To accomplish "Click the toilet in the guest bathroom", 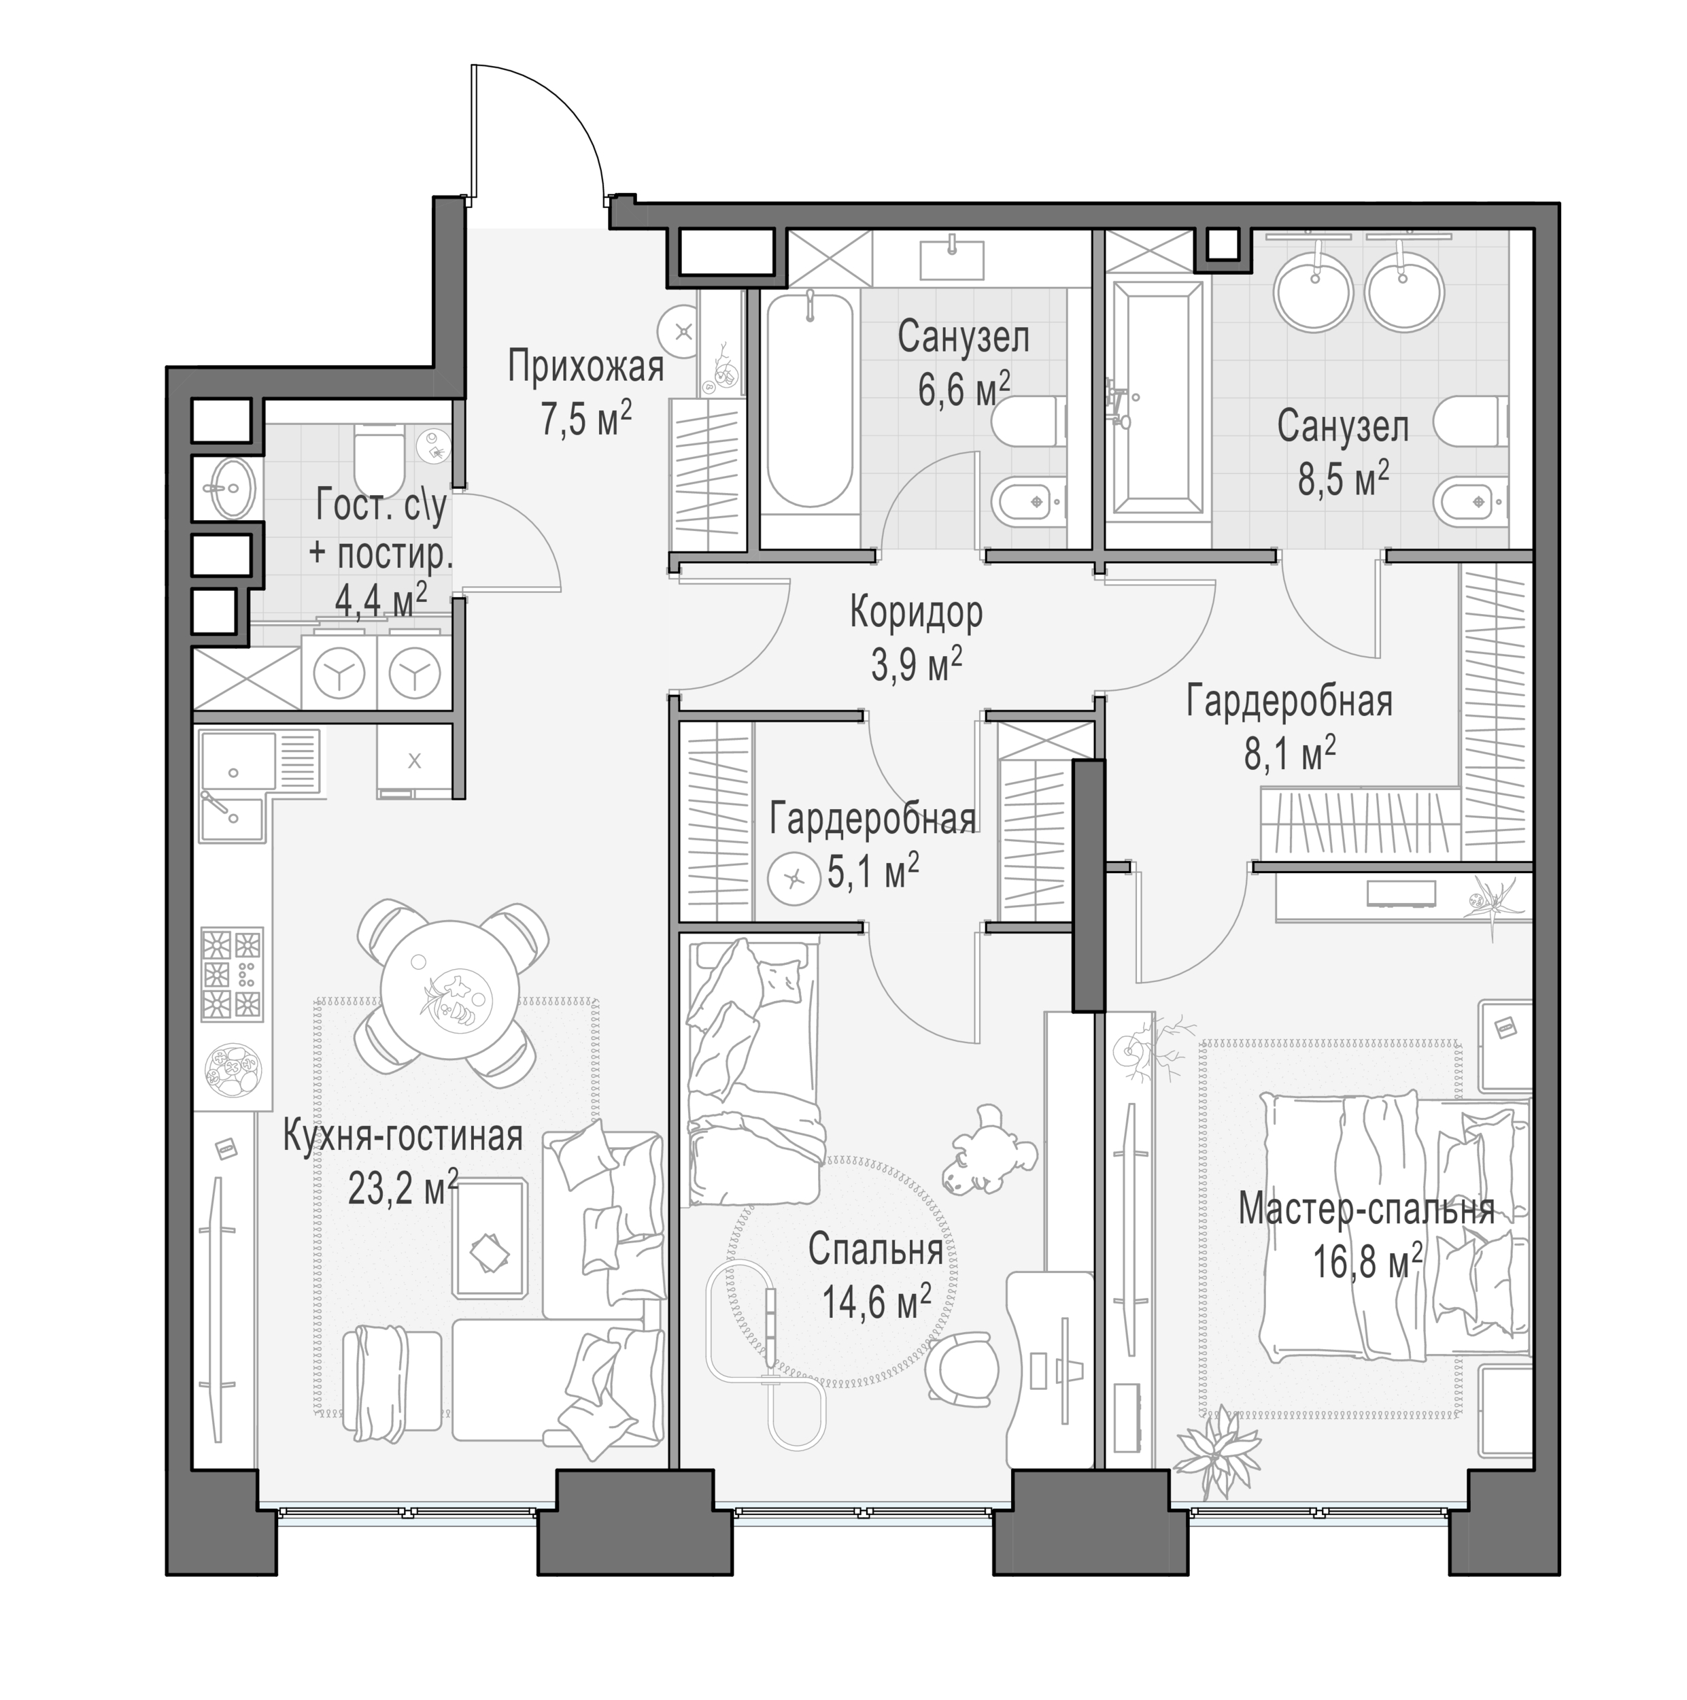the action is [x=379, y=449].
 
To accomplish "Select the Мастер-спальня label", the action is [x=1367, y=1210].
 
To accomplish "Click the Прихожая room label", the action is [x=586, y=367].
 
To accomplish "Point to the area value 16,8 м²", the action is [x=1367, y=1263].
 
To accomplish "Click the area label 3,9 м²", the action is [x=916, y=664].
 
